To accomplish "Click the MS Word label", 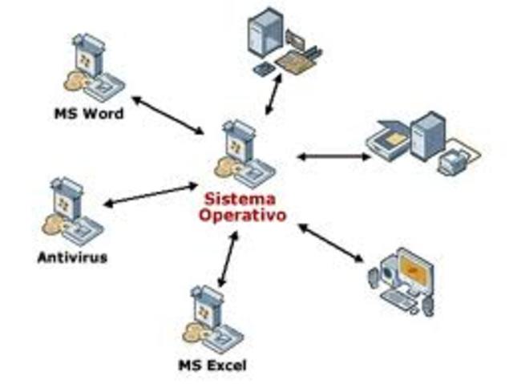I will [88, 114].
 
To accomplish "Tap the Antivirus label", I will [72, 258].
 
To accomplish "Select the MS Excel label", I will [212, 366].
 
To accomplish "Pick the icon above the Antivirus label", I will [71, 212].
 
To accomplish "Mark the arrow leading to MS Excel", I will [227, 260].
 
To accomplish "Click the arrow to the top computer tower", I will [273, 94].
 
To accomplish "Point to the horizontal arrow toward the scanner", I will [334, 156].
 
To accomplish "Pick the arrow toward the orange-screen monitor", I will [331, 242].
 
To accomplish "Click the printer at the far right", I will [462, 157].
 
